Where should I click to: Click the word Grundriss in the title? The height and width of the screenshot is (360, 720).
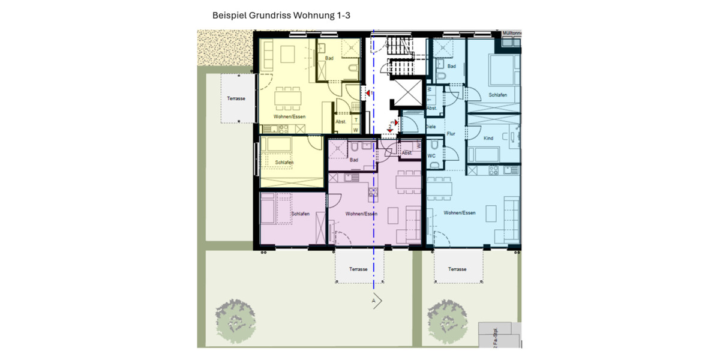(x=269, y=16)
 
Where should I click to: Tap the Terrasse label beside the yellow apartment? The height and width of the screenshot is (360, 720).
(x=236, y=98)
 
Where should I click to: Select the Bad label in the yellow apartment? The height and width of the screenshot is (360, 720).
(x=329, y=58)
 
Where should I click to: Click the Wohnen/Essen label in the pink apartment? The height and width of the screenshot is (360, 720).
(x=361, y=214)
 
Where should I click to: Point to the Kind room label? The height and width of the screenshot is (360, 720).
(x=488, y=139)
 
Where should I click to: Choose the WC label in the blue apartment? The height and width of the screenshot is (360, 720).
(x=431, y=156)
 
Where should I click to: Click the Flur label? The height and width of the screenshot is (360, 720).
(x=451, y=134)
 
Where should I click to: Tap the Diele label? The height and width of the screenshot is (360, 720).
(x=430, y=127)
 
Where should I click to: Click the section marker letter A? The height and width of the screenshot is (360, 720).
(x=374, y=300)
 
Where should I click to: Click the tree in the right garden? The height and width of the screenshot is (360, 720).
(x=447, y=316)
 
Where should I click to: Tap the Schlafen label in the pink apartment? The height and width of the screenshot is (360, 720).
(x=299, y=215)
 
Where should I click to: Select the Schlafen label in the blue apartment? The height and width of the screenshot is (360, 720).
(x=497, y=95)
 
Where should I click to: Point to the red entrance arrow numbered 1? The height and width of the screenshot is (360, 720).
(x=368, y=93)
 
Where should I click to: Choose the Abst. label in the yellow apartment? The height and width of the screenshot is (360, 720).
(x=341, y=122)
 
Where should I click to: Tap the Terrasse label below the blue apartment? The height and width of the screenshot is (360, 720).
(x=457, y=269)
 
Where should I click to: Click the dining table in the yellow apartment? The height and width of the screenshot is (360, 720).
(x=288, y=97)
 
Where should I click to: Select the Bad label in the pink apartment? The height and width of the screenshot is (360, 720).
(x=354, y=160)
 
